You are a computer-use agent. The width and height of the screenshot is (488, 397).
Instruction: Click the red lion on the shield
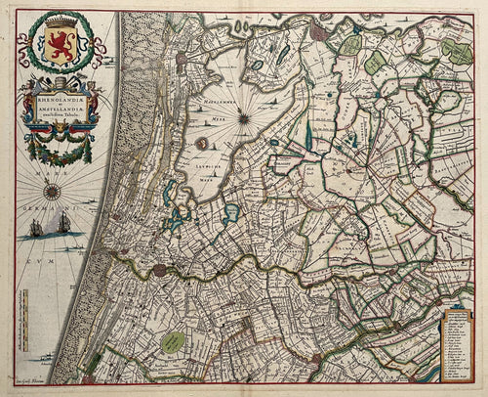point(64,48)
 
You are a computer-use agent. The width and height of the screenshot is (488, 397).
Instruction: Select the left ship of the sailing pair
point(36,227)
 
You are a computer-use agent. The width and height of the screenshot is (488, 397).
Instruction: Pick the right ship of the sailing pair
point(64,224)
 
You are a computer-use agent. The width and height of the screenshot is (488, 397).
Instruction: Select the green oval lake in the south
point(174,339)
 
